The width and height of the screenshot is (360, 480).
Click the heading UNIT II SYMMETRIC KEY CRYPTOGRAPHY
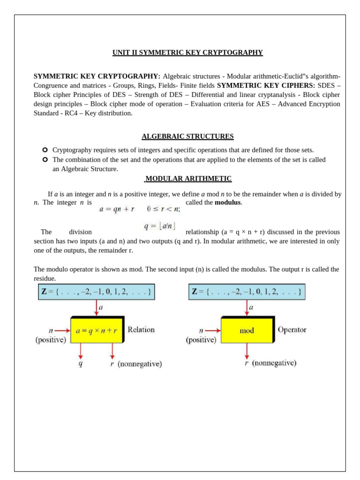click(x=187, y=52)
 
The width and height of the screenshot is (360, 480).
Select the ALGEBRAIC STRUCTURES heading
click(x=187, y=136)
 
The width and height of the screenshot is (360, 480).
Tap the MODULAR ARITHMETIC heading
click(x=188, y=179)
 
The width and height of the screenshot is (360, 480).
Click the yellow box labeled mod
click(x=247, y=330)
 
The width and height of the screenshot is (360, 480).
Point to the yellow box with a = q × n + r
click(x=96, y=330)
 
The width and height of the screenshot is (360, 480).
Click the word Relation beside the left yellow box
click(x=141, y=330)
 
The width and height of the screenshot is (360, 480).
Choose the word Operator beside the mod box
click(x=292, y=330)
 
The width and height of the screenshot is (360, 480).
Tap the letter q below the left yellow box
click(x=80, y=364)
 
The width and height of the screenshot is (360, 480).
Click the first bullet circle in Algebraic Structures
click(x=45, y=150)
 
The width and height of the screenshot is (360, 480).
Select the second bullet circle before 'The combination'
click(x=45, y=159)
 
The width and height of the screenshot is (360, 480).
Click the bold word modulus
click(x=227, y=202)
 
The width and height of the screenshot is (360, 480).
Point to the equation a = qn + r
click(x=117, y=210)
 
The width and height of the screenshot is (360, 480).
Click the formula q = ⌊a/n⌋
click(x=159, y=226)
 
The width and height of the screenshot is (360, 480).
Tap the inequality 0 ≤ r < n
click(x=163, y=209)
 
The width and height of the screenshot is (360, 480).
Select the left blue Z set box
click(x=96, y=292)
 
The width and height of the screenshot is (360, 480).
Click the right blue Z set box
click(x=247, y=292)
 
